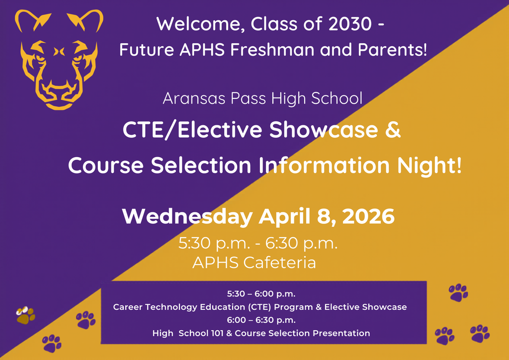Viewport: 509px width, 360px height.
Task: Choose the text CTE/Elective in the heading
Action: tap(192, 130)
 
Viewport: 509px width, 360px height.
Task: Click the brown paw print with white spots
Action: tap(25, 315)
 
